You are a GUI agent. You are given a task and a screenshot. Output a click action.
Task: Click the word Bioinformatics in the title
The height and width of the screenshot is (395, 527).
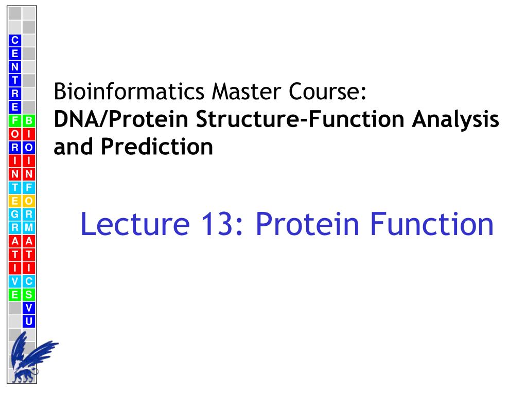click(129, 92)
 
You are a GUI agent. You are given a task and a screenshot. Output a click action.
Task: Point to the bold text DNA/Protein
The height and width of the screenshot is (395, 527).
click(121, 119)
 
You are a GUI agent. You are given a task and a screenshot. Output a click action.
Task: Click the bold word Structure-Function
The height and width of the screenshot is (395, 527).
click(300, 119)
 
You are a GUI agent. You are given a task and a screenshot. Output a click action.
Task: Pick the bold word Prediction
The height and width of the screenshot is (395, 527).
click(157, 147)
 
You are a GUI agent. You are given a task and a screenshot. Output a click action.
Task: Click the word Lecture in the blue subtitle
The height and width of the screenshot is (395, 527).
click(135, 224)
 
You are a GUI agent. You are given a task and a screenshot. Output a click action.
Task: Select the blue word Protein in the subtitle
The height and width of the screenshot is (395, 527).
click(308, 224)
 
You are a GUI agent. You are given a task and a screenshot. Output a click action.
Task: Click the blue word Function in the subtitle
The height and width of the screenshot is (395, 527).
click(432, 224)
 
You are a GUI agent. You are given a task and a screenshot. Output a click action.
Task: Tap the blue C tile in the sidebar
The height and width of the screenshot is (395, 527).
click(15, 40)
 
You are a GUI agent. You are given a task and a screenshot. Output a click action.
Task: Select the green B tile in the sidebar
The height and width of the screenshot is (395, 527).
click(29, 120)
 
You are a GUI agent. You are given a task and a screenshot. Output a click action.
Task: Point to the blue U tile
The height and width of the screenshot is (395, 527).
click(29, 321)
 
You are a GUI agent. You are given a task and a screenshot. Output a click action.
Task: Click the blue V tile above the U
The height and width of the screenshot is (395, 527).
click(29, 308)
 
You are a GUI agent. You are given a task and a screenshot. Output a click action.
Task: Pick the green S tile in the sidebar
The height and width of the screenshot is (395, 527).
click(29, 295)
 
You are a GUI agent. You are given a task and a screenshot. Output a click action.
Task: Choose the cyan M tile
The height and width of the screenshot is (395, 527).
click(29, 228)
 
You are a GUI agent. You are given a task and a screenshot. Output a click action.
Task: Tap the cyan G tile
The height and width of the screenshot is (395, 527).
click(15, 214)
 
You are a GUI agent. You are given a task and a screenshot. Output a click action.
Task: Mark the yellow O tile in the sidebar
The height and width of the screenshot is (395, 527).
click(29, 201)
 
